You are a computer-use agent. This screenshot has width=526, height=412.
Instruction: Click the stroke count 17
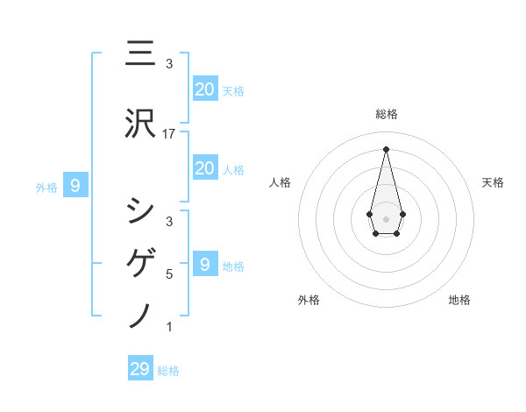click(169, 133)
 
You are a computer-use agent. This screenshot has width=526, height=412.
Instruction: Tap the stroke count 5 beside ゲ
click(169, 274)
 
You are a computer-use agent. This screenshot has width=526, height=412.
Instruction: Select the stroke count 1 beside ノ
click(169, 326)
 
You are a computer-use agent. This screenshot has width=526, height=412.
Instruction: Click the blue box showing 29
click(140, 368)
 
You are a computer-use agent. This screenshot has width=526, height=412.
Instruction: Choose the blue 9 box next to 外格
click(75, 185)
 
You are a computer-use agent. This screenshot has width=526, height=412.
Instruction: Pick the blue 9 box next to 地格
click(204, 264)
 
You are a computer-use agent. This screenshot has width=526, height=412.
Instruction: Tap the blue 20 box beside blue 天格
click(204, 89)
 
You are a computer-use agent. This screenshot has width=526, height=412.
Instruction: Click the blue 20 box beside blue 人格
click(204, 168)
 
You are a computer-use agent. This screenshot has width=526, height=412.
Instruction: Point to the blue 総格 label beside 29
click(168, 371)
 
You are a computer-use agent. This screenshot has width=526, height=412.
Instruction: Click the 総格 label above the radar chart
click(387, 114)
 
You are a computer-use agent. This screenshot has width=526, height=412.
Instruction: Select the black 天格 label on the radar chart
click(493, 182)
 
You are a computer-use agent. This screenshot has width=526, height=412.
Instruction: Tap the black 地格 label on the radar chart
click(459, 301)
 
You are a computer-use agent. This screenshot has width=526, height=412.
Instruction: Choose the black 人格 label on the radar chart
click(280, 182)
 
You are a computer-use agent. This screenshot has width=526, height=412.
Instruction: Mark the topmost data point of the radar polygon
click(387, 149)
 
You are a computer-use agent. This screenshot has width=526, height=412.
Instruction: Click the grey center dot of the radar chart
click(387, 217)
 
